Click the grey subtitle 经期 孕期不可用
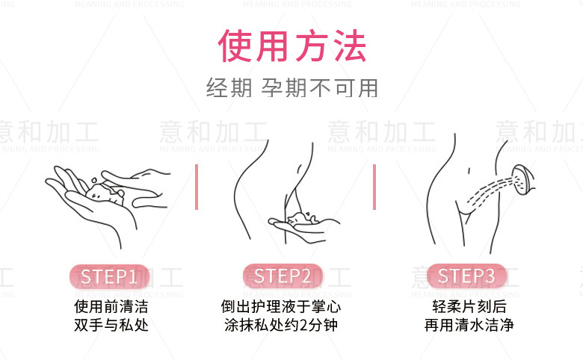click(292, 88)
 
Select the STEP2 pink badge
click(283, 276)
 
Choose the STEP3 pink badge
click(466, 276)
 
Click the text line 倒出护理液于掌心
click(281, 307)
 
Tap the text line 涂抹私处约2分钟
click(281, 326)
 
